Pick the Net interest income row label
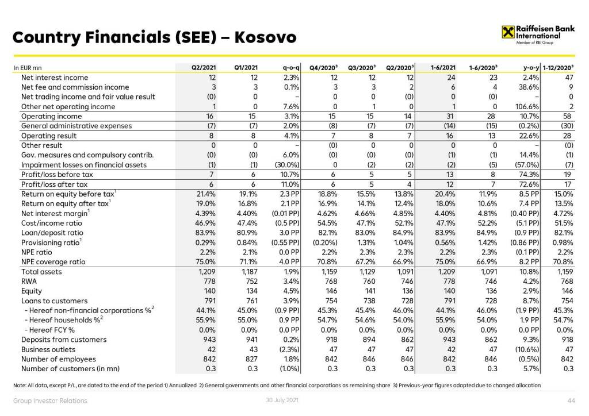click(55, 78)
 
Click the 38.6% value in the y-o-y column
click(527, 87)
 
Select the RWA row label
click(29, 282)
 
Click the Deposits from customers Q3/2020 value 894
click(369, 340)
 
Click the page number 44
click(571, 400)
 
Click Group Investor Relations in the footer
click(51, 400)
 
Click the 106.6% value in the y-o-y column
click(526, 107)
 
